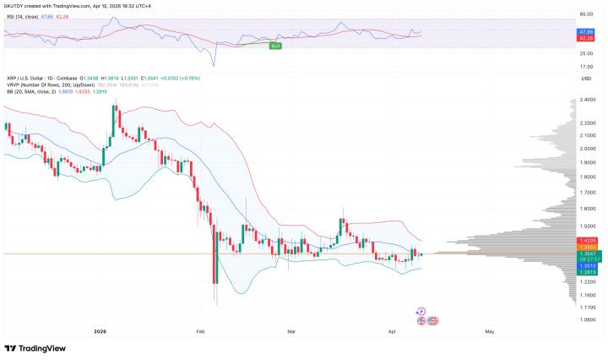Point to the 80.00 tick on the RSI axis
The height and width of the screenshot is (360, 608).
(584, 14)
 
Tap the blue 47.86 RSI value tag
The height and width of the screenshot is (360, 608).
(585, 30)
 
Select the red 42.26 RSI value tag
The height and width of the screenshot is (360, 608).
(585, 37)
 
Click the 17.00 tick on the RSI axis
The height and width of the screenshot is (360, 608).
(584, 67)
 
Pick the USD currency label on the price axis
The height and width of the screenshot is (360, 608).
(584, 79)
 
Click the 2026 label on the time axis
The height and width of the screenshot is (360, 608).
(100, 332)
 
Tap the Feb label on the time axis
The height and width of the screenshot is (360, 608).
(201, 332)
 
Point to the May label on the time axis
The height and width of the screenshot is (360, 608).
(489, 332)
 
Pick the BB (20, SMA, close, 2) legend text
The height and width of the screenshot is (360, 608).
(38, 92)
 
